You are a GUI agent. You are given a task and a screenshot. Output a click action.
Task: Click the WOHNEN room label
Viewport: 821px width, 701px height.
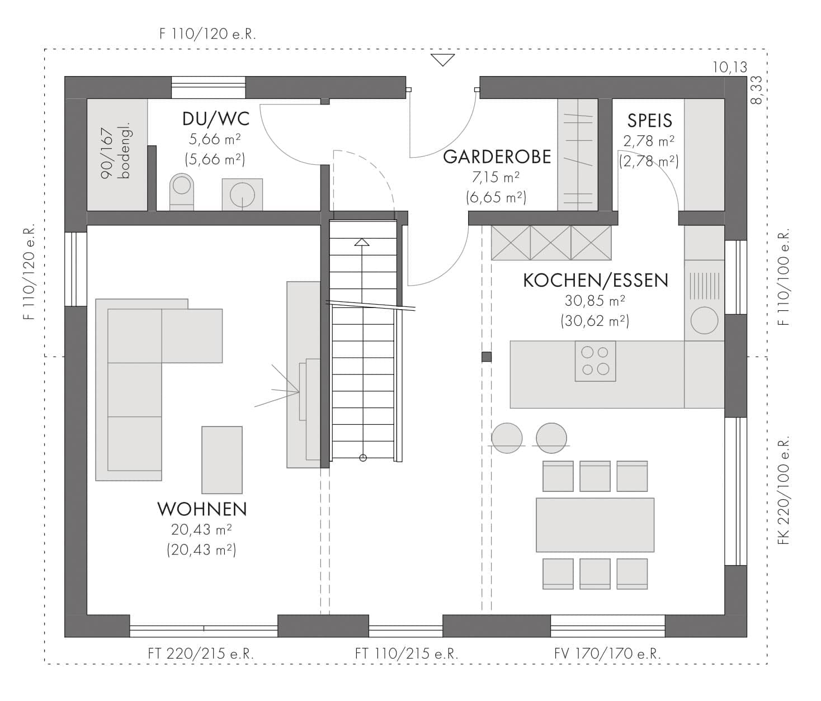pyautogui.click(x=202, y=509)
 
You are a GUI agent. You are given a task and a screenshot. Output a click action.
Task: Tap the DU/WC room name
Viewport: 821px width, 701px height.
pyautogui.click(x=216, y=119)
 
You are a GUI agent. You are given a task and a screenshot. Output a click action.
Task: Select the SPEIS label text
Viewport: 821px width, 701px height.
pyautogui.click(x=649, y=121)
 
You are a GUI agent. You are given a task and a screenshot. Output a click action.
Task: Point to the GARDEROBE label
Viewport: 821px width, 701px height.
pyautogui.click(x=497, y=157)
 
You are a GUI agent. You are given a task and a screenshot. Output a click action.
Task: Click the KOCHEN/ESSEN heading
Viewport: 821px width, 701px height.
pyautogui.click(x=596, y=281)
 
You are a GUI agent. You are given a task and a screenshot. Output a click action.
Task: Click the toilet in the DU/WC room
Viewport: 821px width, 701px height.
pyautogui.click(x=182, y=192)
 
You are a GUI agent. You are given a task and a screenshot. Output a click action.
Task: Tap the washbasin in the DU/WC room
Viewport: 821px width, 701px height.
pyautogui.click(x=242, y=195)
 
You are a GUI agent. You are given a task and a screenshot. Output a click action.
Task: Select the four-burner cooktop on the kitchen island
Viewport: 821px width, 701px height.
pyautogui.click(x=595, y=361)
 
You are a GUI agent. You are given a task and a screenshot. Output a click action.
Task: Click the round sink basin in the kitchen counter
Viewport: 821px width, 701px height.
pyautogui.click(x=704, y=320)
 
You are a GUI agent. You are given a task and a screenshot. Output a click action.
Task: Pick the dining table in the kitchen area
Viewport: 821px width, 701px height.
pyautogui.click(x=595, y=525)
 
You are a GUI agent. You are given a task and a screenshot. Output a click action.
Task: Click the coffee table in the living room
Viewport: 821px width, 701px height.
pyautogui.click(x=222, y=460)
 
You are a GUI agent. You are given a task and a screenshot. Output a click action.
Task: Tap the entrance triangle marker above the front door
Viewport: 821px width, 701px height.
pyautogui.click(x=442, y=60)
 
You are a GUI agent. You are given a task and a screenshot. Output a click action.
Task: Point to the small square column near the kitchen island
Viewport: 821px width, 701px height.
pyautogui.click(x=487, y=357)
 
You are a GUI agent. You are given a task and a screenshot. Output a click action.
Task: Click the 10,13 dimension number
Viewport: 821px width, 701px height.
pyautogui.click(x=730, y=68)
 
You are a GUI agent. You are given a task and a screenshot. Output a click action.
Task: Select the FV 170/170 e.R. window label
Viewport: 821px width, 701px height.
pyautogui.click(x=607, y=653)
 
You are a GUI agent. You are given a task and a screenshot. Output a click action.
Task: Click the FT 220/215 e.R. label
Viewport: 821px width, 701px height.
pyautogui.click(x=201, y=653)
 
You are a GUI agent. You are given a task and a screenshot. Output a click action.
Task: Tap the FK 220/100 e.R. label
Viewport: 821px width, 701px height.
pyautogui.click(x=784, y=491)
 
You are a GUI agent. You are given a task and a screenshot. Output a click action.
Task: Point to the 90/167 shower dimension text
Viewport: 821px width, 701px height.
pyautogui.click(x=107, y=153)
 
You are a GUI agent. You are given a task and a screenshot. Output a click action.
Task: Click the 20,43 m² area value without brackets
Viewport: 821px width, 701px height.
pyautogui.click(x=201, y=529)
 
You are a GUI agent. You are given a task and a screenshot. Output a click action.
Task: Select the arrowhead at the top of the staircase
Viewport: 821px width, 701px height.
pyautogui.click(x=361, y=242)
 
